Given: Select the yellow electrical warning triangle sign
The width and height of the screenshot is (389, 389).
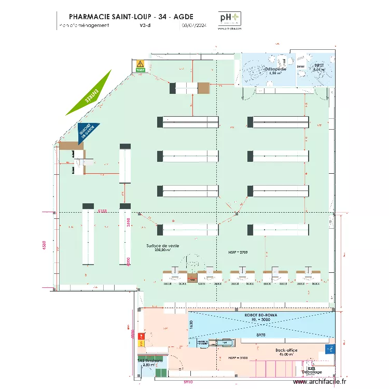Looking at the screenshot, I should [x=139, y=64].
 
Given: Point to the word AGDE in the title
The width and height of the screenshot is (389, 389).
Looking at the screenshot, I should [x=183, y=17].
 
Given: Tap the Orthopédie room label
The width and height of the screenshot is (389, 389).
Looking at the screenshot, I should [x=273, y=69].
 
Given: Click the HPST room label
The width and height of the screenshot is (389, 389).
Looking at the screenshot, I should [x=318, y=66].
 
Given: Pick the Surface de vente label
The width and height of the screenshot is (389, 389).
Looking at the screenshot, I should [x=163, y=245].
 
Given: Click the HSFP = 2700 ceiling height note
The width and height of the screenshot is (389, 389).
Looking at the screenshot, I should [x=238, y=252].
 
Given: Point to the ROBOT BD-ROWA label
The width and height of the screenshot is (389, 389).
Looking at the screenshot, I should [x=261, y=315].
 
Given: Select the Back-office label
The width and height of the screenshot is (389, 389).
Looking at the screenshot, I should [x=286, y=351].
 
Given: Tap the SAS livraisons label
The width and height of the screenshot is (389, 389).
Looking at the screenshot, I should [x=150, y=360].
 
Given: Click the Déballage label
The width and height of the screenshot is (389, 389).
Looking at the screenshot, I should [x=312, y=372].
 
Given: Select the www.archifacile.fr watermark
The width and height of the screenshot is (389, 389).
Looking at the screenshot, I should [x=319, y=382].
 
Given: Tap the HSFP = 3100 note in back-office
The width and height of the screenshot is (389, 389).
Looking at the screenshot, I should [x=238, y=358].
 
